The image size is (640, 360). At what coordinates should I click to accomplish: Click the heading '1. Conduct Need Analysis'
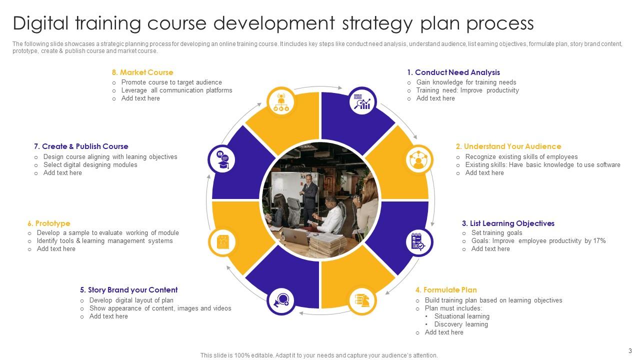pos(453,72)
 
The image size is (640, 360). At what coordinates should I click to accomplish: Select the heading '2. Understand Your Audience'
pos(508,146)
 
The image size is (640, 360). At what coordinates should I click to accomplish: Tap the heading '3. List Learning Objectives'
pos(508,223)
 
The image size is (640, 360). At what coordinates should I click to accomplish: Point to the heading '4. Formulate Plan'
pos(446,290)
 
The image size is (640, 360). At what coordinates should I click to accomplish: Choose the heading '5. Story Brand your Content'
pos(128,290)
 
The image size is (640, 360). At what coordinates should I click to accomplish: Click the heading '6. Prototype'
pos(49,223)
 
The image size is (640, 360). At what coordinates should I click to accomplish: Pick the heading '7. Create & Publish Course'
pos(81,146)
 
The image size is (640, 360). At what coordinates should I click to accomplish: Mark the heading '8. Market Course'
pos(142,72)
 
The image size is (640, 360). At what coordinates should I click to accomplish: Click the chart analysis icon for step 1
pos(362,100)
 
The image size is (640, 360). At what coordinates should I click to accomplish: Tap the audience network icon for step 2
pos(418,159)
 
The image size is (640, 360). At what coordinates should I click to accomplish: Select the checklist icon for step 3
pos(417,242)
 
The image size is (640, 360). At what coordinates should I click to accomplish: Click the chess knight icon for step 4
pos(362,300)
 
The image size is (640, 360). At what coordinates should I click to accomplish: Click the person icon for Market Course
pos(280,101)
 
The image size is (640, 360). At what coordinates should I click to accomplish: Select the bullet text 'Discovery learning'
pos(460,324)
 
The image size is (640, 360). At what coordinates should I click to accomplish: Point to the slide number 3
pos(630,351)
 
